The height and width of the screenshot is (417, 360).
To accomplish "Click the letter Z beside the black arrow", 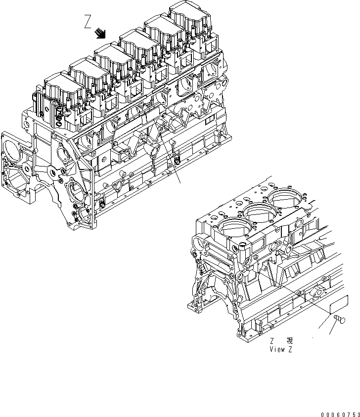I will tap(89, 22).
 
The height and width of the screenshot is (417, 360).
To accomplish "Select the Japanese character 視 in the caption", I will tap(289, 341).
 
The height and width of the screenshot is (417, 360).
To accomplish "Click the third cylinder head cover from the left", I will tap(111, 57).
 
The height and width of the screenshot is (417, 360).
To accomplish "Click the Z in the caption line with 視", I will tap(272, 341).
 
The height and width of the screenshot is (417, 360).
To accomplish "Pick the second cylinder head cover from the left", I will tap(85, 71).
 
